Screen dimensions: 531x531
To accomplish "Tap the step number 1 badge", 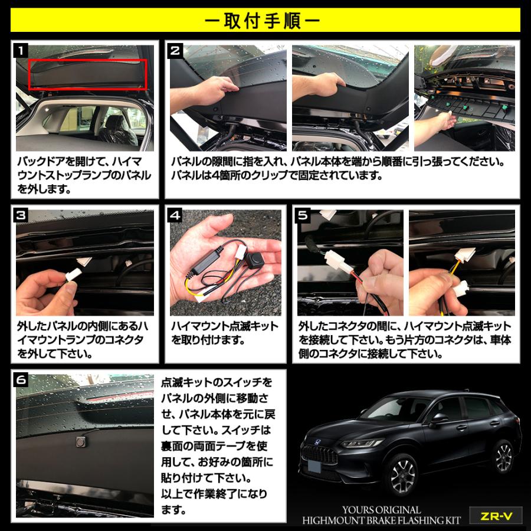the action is (x=21, y=51).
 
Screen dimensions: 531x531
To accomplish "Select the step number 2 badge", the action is (x=175, y=51).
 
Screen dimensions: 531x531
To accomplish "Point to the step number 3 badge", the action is (x=21, y=215).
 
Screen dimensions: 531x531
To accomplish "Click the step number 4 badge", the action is (x=175, y=215).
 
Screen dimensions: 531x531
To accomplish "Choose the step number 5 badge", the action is (x=303, y=215).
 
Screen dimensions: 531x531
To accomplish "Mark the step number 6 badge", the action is (x=21, y=380).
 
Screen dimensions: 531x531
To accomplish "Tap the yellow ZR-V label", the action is (x=496, y=516).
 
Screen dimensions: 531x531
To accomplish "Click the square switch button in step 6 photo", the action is (x=81, y=441).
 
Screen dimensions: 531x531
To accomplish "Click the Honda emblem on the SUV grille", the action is (x=317, y=441).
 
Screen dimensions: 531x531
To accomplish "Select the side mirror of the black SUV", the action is (x=439, y=419).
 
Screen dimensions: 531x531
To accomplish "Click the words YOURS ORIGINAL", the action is (x=381, y=510).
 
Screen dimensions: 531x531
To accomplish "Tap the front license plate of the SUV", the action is (x=314, y=466).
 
